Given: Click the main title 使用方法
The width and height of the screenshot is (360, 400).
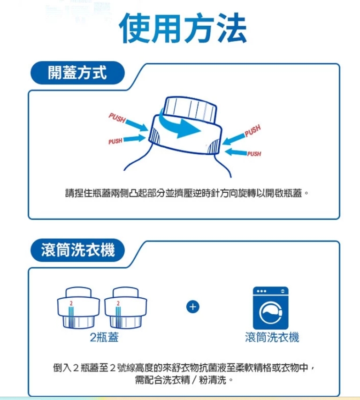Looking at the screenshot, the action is point(183,28).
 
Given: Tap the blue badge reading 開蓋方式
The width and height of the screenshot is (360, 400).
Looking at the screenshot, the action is point(77,73).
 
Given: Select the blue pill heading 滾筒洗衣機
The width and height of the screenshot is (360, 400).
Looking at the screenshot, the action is point(77,250).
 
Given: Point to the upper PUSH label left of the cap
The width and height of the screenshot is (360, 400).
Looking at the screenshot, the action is point(117,118).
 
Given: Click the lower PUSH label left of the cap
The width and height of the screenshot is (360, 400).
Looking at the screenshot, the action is point(115,141).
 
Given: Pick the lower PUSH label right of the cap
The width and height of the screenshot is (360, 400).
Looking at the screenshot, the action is point(254,153).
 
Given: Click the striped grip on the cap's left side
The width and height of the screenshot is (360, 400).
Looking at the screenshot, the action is point(154,135).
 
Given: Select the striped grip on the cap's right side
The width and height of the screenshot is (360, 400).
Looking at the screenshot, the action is point(214,147).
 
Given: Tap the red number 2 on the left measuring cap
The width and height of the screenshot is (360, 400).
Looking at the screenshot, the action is point(71,303).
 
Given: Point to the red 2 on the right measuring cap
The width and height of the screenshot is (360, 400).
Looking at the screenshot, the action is point(118,303).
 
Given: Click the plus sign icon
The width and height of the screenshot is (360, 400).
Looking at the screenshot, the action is point(193,307).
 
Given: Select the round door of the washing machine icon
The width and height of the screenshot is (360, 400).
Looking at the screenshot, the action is point(271,312).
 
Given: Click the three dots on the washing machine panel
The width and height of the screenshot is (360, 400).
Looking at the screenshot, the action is point(261,291).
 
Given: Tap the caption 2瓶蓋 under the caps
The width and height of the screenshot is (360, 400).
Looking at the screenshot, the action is point(104,337).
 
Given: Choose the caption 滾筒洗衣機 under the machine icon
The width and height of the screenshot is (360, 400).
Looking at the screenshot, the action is point(272,337).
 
